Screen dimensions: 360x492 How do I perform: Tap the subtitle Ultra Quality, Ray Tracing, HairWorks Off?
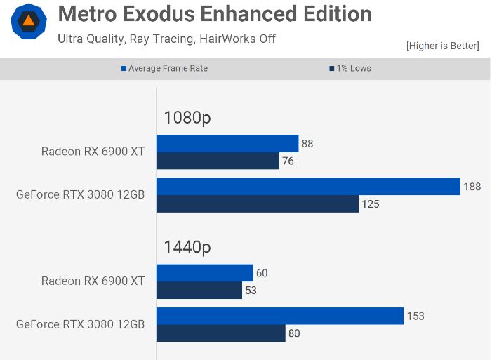(166, 39)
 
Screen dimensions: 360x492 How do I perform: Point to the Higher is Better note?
(442, 46)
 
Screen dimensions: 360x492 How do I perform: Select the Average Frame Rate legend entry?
(165, 68)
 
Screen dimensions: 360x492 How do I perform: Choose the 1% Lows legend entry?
(350, 68)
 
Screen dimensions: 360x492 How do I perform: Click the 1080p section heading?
(187, 117)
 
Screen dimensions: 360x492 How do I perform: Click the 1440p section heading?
(187, 246)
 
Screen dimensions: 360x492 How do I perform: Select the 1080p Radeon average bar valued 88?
(227, 144)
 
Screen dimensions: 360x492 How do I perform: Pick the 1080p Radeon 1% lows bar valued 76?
(218, 161)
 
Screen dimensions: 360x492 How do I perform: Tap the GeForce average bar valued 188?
(308, 187)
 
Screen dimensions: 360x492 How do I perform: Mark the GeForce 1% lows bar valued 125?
(257, 204)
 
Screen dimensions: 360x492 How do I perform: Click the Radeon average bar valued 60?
(204, 273)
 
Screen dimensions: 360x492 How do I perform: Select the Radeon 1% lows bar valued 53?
(199, 290)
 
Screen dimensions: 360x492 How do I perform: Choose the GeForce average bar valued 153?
(279, 316)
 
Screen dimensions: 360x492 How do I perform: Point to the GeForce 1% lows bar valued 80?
(220, 333)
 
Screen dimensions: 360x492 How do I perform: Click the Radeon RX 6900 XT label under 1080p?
(93, 152)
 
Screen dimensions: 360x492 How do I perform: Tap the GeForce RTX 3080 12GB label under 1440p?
(80, 324)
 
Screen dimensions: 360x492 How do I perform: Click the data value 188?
(472, 187)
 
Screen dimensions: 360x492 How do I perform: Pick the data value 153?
(415, 316)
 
